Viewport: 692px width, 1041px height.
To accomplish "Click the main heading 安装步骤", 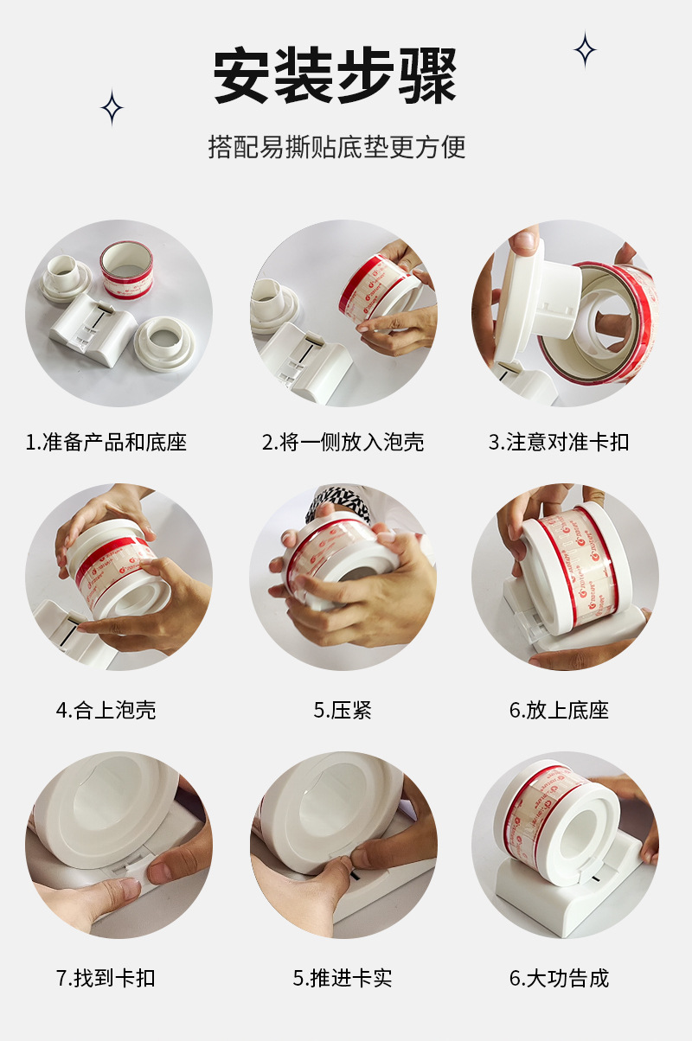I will click(335, 77).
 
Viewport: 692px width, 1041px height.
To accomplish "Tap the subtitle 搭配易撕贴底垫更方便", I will click(336, 146).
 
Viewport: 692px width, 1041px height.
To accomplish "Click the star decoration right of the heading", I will click(585, 50).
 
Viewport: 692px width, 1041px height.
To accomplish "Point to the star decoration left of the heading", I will click(112, 108).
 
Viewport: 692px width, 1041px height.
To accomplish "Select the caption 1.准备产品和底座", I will click(106, 443).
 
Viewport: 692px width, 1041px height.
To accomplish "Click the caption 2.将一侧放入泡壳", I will click(343, 443).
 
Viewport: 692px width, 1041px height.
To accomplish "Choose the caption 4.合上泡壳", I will click(106, 711).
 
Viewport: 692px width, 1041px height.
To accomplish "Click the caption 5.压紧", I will click(343, 711).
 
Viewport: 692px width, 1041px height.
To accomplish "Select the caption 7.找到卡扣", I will click(106, 979).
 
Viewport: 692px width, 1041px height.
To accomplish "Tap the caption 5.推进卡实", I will click(343, 979).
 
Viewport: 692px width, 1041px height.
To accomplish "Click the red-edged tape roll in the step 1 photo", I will click(127, 269).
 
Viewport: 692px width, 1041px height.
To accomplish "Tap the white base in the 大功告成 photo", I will click(554, 899).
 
